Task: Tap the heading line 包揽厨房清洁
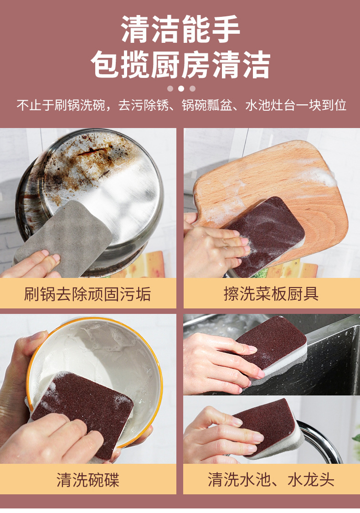tap(180, 64)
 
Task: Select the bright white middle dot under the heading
tap(181, 88)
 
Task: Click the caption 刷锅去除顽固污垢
tap(87, 294)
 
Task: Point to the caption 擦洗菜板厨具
tap(271, 294)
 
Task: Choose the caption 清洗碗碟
tap(87, 480)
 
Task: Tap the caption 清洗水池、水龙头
tap(271, 480)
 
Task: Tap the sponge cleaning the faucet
tap(269, 426)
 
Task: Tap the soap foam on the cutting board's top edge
tap(319, 175)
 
